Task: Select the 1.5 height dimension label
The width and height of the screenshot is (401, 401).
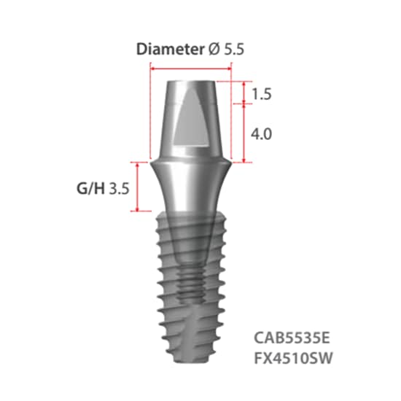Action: (261, 94)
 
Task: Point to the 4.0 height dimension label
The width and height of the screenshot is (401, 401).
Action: (261, 134)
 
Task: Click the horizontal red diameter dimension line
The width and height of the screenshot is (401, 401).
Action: (190, 66)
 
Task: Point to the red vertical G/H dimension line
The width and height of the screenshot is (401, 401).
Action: (136, 187)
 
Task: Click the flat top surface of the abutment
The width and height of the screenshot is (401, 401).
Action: (190, 79)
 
